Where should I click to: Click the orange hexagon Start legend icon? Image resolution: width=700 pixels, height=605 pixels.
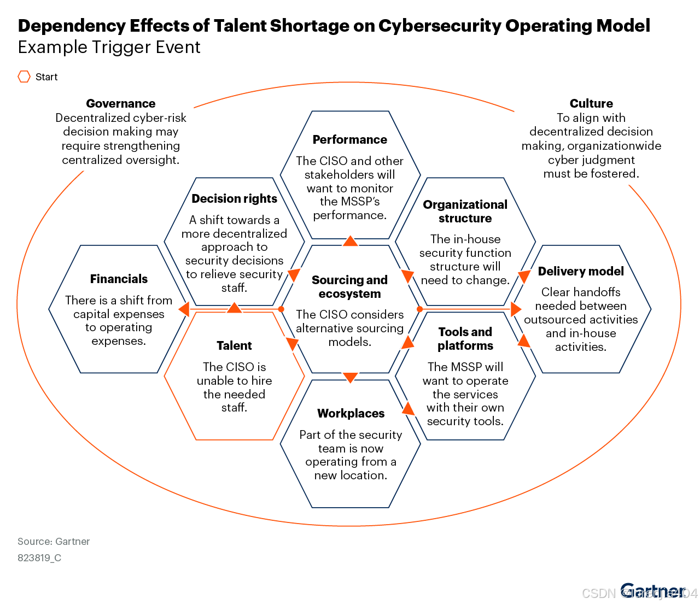(x=24, y=77)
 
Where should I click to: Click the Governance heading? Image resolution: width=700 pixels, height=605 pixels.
(x=121, y=103)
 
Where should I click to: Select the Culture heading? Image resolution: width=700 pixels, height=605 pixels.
(x=591, y=103)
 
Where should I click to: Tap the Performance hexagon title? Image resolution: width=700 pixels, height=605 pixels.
(x=350, y=139)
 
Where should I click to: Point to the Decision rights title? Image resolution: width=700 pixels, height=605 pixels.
(x=234, y=198)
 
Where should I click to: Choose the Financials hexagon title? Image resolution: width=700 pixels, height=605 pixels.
(x=119, y=279)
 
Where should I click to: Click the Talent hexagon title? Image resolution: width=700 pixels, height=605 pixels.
(x=234, y=345)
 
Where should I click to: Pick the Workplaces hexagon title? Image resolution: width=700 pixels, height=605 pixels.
(x=351, y=413)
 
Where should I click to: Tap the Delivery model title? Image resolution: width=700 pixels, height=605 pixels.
(x=581, y=271)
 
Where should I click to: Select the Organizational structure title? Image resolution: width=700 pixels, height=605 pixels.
(x=465, y=211)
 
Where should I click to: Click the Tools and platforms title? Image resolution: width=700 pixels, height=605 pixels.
(x=465, y=338)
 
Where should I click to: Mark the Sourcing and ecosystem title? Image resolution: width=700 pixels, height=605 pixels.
(x=349, y=286)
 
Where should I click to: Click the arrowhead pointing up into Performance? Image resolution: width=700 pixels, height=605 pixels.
(x=350, y=240)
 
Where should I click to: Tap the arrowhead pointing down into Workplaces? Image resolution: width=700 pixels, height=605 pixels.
(x=350, y=377)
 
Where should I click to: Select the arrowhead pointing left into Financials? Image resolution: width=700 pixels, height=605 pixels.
(x=184, y=309)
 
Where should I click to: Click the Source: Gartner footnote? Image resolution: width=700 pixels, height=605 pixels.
(x=54, y=541)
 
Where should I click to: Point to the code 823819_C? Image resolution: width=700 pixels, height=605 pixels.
(x=39, y=557)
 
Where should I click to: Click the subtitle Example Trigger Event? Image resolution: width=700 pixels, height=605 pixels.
(x=109, y=47)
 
